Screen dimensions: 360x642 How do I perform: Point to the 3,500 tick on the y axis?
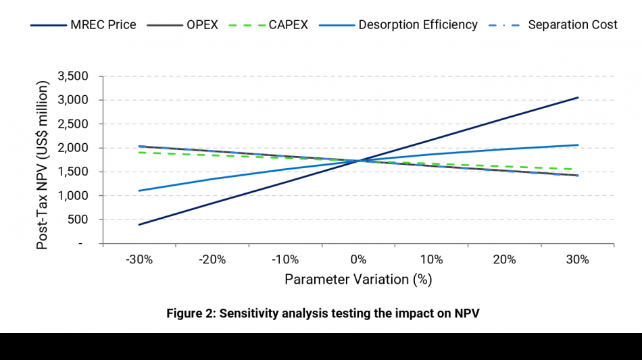(74, 76)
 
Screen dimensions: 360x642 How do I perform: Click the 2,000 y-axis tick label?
(74, 148)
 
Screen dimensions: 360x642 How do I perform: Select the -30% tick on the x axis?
(139, 259)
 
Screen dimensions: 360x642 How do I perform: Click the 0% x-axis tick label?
(358, 259)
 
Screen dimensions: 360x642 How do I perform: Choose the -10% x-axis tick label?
(285, 259)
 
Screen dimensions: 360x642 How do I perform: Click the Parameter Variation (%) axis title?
(358, 279)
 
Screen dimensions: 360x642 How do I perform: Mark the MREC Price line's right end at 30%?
(578, 97)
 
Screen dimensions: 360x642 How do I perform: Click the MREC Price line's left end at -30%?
(139, 224)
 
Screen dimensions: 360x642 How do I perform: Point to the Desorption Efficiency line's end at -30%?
(139, 190)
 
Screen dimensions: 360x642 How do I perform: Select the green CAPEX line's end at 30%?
(578, 170)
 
